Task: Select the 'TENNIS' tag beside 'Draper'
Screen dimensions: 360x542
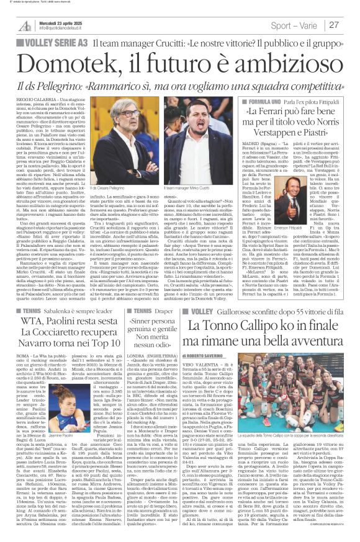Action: (x=142, y=309)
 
